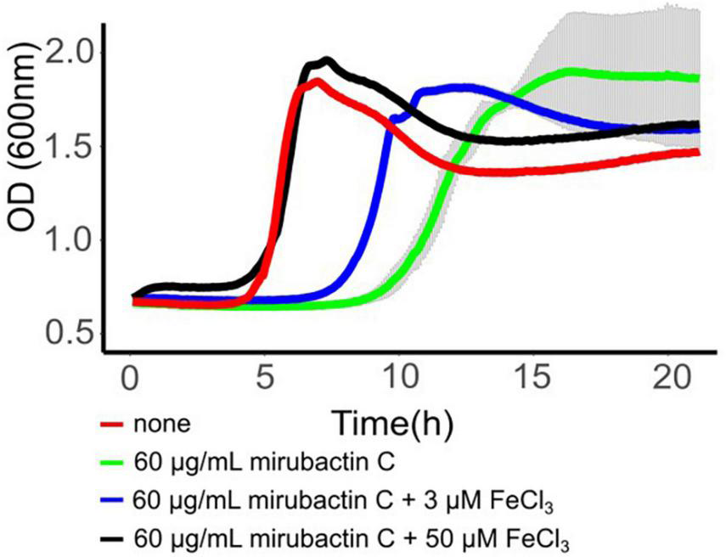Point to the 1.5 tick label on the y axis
pos(65,145)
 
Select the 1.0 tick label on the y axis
pos(65,239)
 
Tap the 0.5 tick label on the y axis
pos(65,333)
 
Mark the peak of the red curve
pos(316,81)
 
